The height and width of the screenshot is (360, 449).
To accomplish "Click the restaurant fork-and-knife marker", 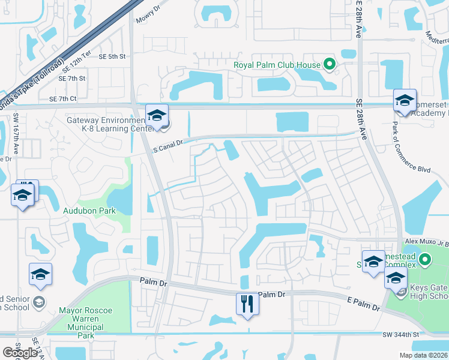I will click(x=247, y=304).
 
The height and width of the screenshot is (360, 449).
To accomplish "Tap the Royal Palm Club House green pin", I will click(x=329, y=64).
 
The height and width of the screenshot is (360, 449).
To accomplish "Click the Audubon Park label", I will click(x=89, y=211).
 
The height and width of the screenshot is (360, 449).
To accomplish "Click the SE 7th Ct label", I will click(x=63, y=98).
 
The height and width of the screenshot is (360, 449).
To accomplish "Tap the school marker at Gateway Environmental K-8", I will click(x=157, y=116).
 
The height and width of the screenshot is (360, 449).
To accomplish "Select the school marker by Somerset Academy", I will click(x=405, y=100).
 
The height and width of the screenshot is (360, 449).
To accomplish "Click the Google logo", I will click(x=20, y=353).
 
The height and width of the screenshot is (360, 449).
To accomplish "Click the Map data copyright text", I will click(x=423, y=355).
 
